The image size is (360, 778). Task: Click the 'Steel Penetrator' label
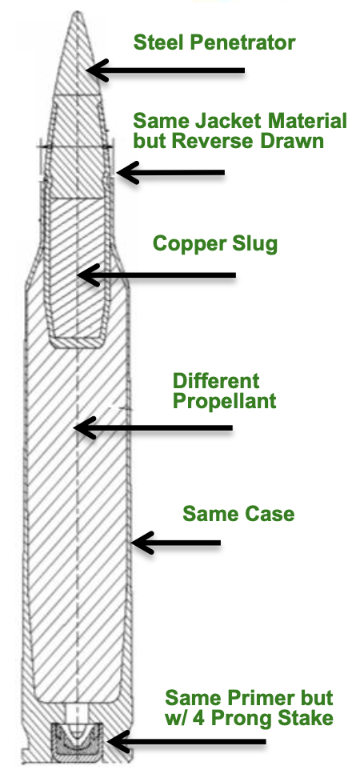(x=214, y=42)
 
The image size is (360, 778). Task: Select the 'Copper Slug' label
(x=214, y=243)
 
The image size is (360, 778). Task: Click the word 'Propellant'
(x=224, y=401)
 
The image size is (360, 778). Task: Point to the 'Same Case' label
(x=238, y=514)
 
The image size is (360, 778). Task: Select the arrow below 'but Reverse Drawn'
(x=170, y=173)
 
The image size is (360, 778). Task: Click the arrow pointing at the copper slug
(x=157, y=275)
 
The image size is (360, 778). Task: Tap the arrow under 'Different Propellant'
(x=153, y=427)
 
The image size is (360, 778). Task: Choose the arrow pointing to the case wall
(x=175, y=543)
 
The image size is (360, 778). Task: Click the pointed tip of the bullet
(x=78, y=13)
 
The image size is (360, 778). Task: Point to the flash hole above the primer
(x=77, y=712)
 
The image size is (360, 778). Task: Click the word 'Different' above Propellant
(x=216, y=381)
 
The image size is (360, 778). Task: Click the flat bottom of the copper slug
(x=77, y=343)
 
